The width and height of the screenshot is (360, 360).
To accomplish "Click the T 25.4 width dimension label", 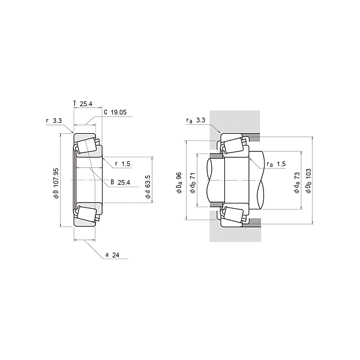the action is point(83,104).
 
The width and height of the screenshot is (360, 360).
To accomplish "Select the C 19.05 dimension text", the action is point(115,112).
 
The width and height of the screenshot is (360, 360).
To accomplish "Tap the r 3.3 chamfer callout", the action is point(54,121).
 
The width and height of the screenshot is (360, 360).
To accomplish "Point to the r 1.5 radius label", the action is point(122,164).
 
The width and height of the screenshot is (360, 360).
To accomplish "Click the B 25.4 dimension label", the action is point(121,182).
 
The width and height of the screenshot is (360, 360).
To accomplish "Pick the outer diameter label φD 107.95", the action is point(56,183).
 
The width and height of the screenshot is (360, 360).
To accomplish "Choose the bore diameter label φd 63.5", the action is point(148,187).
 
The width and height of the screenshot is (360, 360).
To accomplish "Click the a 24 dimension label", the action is point(112,255).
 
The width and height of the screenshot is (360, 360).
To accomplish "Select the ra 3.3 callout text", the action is point(196,120).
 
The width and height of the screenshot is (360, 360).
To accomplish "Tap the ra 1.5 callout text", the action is point(276,164).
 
